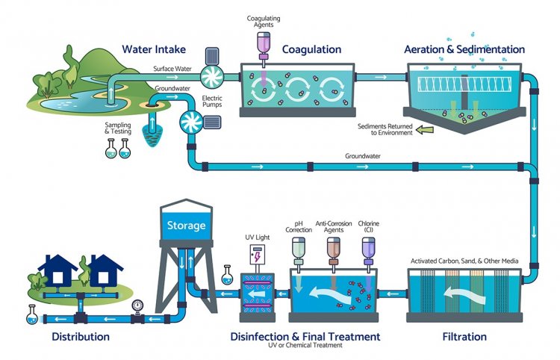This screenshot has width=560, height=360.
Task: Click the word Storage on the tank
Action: click(186, 225)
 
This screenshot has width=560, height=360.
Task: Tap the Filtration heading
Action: click(464, 337)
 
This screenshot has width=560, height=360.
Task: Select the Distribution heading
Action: click(81, 337)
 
